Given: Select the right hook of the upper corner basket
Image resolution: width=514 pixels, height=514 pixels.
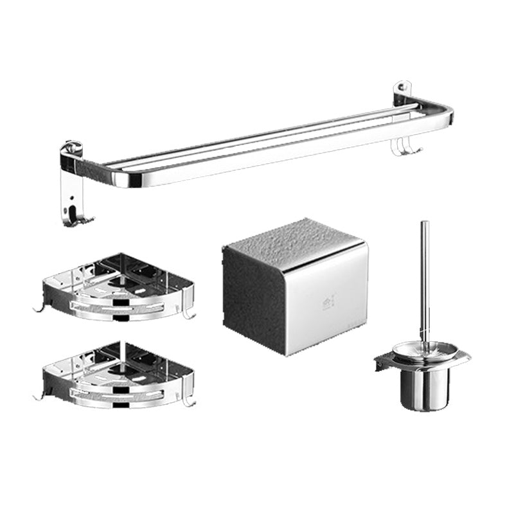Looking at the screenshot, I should point(188,314).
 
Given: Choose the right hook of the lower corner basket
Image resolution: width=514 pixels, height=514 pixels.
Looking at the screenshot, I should point(188,401).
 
